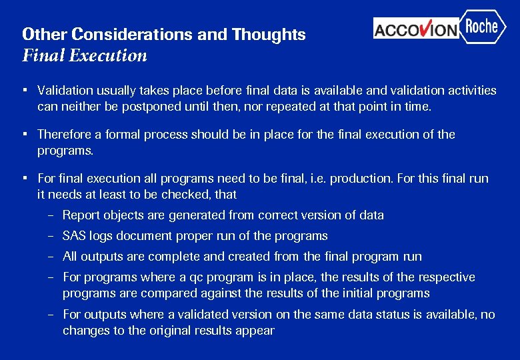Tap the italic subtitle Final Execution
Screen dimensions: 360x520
click(x=85, y=55)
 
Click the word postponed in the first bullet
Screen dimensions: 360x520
click(x=151, y=107)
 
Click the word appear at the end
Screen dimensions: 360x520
click(x=256, y=331)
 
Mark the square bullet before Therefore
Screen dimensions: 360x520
click(x=23, y=134)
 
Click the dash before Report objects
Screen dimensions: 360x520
click(x=51, y=215)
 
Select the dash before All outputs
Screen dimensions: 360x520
click(x=51, y=257)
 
